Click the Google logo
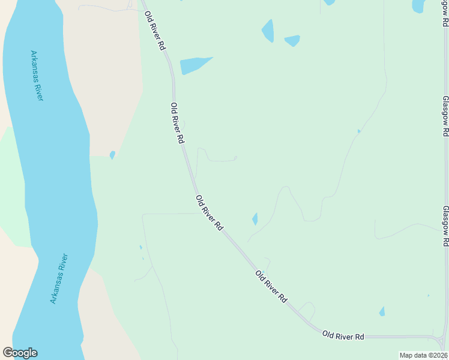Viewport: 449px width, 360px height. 20,353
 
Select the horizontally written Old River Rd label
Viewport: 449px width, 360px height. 343,335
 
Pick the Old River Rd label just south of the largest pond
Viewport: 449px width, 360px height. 177,122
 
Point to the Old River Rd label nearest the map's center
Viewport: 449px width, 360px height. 209,212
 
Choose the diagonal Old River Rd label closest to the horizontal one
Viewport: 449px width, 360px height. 271,286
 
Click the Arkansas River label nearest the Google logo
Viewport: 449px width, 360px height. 59,278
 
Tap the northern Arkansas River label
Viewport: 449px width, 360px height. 37,76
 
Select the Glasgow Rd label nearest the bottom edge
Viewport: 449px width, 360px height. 445,226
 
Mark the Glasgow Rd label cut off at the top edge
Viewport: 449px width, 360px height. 445,12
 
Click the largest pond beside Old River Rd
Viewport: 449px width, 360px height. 194,64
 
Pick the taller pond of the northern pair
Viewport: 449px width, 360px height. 268,31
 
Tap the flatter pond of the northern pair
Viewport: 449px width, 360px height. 292,40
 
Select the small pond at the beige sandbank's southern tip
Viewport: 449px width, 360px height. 112,154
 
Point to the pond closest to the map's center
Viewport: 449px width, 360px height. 255,219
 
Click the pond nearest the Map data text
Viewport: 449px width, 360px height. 382,311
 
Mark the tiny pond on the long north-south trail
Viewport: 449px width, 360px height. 359,131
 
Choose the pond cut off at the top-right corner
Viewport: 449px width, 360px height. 418,5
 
